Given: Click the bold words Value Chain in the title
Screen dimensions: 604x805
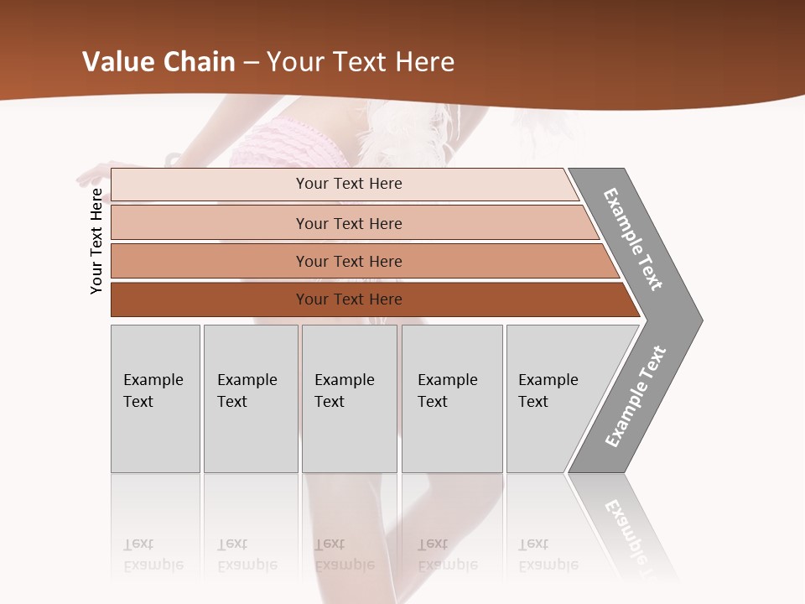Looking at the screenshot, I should [158, 62].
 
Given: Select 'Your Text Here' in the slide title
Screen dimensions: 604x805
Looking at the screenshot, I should [361, 62].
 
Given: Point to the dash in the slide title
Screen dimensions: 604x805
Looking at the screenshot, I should [251, 63].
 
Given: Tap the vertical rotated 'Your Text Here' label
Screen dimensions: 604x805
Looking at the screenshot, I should [96, 241].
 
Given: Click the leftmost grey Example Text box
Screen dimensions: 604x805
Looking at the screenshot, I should [155, 398].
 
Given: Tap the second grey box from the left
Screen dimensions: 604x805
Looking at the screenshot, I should [251, 398].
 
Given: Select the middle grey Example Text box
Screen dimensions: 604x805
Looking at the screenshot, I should [349, 398].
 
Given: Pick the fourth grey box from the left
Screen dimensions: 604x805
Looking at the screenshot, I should [452, 398].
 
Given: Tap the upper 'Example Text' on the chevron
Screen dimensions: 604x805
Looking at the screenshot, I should [633, 239].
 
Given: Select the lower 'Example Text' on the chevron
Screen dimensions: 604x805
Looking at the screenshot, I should [636, 397].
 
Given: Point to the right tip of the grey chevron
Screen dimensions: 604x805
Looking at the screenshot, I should [700, 320].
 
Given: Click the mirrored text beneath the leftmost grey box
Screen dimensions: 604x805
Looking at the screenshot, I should [153, 555].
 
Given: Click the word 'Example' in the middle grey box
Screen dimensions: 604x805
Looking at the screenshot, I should [344, 380].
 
